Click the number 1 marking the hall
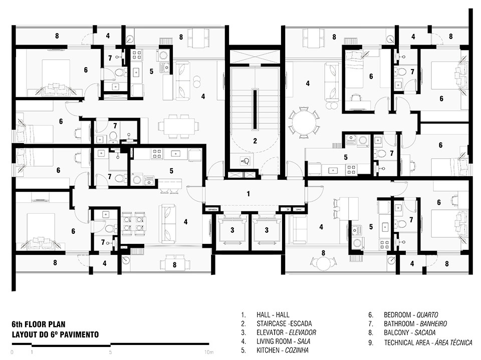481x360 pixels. pyautogui.click(x=248, y=194)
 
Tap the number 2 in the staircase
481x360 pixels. pyautogui.click(x=255, y=141)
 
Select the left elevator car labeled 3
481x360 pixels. pyautogui.click(x=232, y=230)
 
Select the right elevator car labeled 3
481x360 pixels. pyautogui.click(x=267, y=230)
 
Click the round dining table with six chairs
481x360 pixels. pyautogui.click(x=304, y=123)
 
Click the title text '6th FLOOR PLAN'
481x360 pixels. pyautogui.click(x=39, y=324)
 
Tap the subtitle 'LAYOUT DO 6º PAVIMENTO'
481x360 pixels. pyautogui.click(x=55, y=334)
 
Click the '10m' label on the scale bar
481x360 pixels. pyautogui.click(x=208, y=352)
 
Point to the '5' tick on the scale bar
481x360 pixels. pyautogui.click(x=110, y=352)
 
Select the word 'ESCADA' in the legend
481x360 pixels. pyautogui.click(x=301, y=323)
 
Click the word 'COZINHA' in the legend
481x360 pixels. pyautogui.click(x=297, y=350)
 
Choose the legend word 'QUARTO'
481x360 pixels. pyautogui.click(x=427, y=314)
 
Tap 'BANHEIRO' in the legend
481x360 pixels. pyautogui.click(x=433, y=323)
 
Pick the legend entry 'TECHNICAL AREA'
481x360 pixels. pyautogui.click(x=407, y=342)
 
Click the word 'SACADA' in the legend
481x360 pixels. pyautogui.click(x=425, y=332)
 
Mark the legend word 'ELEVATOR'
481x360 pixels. pyautogui.click(x=270, y=332)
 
